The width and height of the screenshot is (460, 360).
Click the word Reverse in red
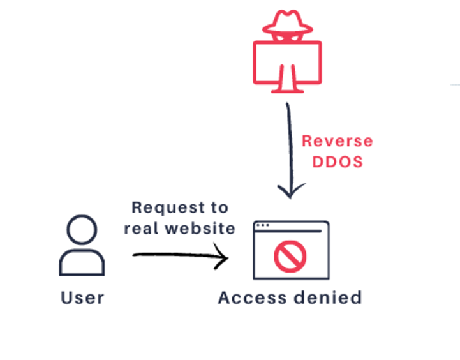tap(337, 141)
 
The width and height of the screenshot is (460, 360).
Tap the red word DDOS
tap(337, 161)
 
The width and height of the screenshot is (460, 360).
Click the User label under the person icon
tap(82, 297)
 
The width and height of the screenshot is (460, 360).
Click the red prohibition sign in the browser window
tap(290, 255)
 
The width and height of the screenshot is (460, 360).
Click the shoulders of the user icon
tap(82, 262)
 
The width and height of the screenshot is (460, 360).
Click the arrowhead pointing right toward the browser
tap(222, 258)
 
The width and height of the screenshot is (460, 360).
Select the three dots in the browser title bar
tap(262, 225)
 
